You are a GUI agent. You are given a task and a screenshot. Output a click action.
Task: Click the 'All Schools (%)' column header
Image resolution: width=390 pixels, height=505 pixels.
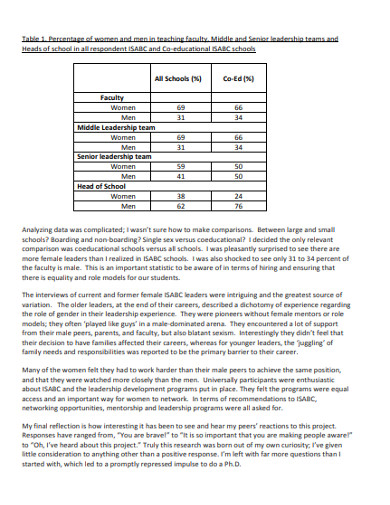point(180,77)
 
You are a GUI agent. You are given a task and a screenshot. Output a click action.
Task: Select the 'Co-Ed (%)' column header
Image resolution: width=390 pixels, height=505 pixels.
point(238,77)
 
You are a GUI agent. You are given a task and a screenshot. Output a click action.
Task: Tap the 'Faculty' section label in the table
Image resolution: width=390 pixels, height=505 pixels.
point(111,98)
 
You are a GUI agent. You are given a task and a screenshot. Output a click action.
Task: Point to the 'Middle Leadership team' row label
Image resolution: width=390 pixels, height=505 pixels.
point(117,127)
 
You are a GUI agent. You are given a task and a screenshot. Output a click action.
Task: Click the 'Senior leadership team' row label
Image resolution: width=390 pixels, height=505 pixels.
point(114,157)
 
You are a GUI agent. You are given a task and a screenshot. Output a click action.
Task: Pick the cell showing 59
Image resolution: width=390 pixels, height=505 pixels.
point(180,167)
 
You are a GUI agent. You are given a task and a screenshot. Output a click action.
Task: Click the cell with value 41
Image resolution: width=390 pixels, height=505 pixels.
point(180,176)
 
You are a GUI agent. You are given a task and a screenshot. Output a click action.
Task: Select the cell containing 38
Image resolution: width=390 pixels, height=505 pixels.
point(180,196)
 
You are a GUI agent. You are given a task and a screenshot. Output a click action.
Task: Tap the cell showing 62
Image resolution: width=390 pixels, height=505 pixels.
point(180,206)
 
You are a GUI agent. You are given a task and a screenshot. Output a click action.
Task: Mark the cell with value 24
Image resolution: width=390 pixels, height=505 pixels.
point(238,196)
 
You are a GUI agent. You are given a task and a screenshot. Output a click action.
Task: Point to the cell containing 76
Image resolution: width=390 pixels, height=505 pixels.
point(238,206)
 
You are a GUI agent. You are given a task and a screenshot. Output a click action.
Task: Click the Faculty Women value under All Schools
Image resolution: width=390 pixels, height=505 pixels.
point(180,108)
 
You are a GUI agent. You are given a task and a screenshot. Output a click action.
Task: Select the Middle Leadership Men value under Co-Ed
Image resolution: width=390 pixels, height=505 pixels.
point(238,147)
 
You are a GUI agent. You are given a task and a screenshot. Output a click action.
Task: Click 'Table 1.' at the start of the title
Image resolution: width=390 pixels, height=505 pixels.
point(36,39)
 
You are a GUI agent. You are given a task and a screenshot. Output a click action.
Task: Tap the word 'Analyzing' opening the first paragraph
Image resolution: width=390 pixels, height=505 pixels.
point(39,231)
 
